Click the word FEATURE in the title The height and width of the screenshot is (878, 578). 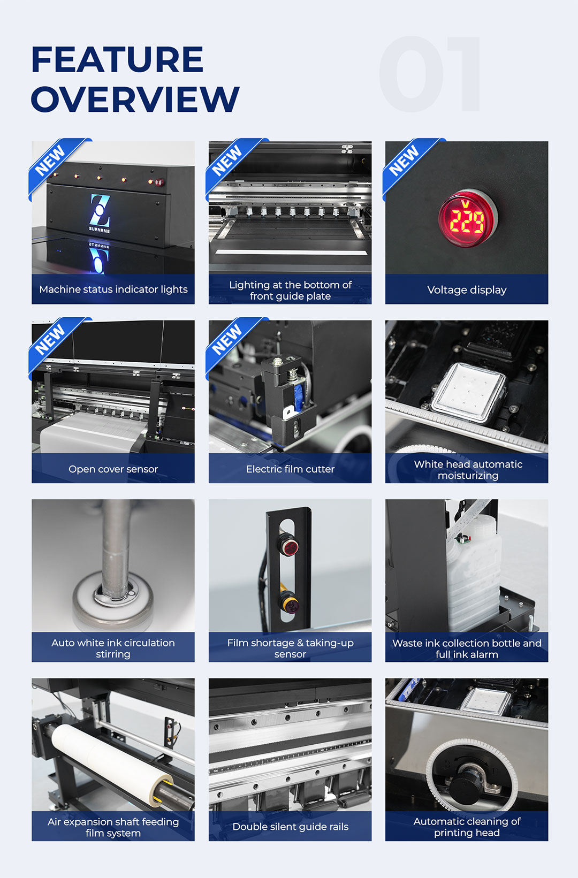point(117,59)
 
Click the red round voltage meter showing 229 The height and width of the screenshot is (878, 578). point(467,218)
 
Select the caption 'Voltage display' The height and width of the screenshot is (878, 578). point(467,289)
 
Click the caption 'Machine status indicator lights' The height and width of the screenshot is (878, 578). point(113,289)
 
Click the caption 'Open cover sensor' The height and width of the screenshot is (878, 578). point(113,469)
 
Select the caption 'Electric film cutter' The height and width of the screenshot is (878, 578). point(290,469)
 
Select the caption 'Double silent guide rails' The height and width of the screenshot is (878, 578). point(290,826)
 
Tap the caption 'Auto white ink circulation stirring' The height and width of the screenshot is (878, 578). point(113,648)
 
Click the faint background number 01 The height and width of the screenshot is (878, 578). point(430,74)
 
